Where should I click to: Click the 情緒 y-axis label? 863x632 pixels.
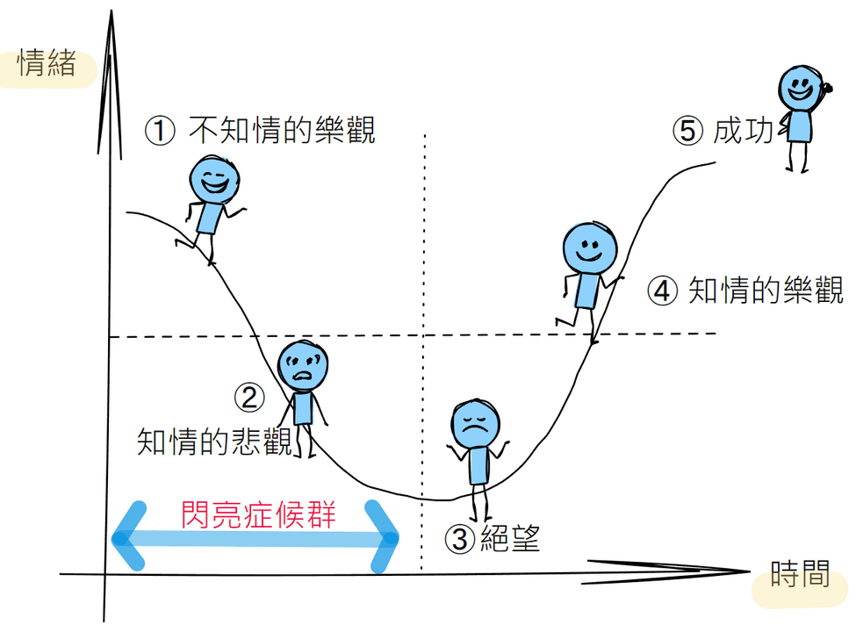click(47, 65)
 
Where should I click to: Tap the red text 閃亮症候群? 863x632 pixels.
click(258, 513)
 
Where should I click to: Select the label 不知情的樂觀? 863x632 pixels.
click(282, 131)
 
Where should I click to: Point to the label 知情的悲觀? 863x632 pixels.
click(214, 441)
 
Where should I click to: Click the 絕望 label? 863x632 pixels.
click(509, 537)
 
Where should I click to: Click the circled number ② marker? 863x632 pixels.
click(249, 398)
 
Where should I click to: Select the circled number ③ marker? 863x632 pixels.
click(460, 538)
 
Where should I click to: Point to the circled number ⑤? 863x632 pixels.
click(689, 131)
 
